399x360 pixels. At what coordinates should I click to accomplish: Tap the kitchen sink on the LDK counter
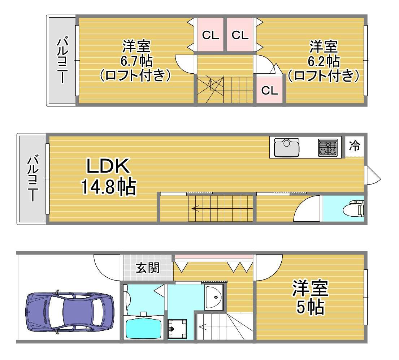[x=286, y=147]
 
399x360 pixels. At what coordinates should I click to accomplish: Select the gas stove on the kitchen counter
[x=328, y=147]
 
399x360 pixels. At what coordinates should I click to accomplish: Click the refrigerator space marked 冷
[x=354, y=146]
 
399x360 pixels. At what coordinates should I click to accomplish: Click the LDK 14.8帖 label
[x=108, y=177]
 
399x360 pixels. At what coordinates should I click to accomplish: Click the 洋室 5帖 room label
[x=310, y=298]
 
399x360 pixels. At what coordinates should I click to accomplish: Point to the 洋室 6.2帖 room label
[x=324, y=61]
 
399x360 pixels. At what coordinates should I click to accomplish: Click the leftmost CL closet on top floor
[x=210, y=35]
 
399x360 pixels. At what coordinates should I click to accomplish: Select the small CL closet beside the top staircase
[x=270, y=90]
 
